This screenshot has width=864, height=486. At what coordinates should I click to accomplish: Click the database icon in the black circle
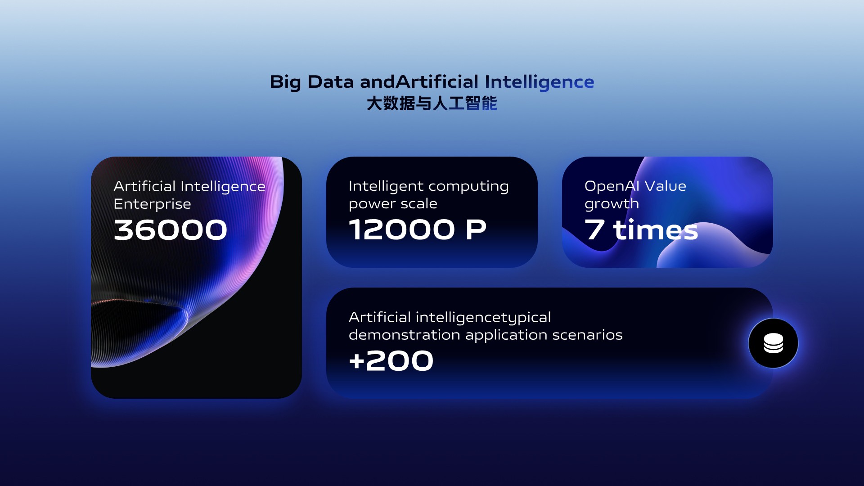point(773,343)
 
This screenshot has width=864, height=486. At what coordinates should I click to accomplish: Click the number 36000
point(171,230)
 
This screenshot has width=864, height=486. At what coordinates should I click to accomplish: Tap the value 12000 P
point(418,229)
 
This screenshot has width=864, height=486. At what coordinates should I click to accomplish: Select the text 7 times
point(641,229)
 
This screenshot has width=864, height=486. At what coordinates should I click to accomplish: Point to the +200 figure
point(391,361)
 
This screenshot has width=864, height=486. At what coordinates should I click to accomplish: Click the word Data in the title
point(331,82)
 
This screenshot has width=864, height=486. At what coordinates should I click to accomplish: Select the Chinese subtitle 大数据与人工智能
point(432,103)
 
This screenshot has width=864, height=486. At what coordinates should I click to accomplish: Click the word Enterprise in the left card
point(153,204)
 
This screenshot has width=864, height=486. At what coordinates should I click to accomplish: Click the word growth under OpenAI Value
point(612,204)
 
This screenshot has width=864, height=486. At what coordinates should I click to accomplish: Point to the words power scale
point(393,204)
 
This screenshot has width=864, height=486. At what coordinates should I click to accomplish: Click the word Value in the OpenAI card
point(666,186)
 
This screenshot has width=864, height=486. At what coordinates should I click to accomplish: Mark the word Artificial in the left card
point(144,186)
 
